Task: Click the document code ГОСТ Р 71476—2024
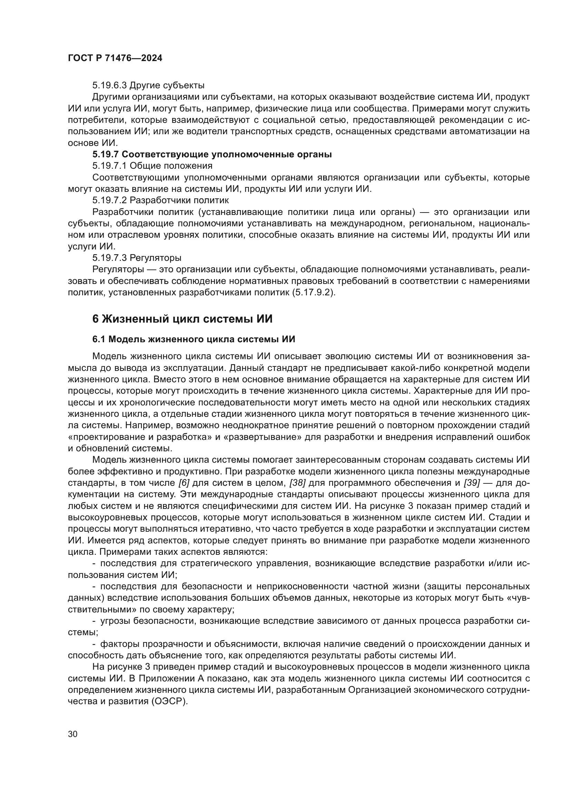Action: pos(115,58)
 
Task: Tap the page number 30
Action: pos(72,734)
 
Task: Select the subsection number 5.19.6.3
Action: pos(109,86)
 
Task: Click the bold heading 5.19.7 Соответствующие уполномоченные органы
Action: pos(212,154)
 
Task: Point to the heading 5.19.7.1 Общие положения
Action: pos(152,166)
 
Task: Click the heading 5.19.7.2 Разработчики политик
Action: pos(160,200)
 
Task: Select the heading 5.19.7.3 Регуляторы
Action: pos(137,258)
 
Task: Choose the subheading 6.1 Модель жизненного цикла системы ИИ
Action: pos(194,339)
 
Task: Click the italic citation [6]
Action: pos(184,483)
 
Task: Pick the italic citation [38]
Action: pos(297,483)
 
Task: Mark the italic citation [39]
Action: pos(472,483)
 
